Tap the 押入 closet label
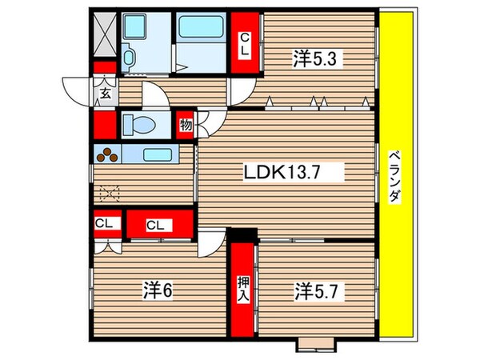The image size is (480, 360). (x=242, y=289)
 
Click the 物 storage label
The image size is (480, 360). (x=186, y=125)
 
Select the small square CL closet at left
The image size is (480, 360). (x=104, y=223)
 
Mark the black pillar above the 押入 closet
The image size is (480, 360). (x=242, y=235)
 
